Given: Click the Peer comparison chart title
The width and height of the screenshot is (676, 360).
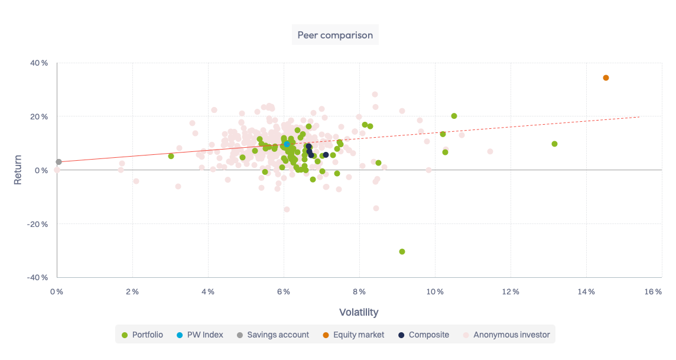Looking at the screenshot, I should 335,35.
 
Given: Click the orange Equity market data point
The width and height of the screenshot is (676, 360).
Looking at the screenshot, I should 606,78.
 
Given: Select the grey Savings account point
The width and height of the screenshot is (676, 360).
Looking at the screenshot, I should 58,162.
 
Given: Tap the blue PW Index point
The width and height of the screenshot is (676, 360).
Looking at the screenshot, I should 287,144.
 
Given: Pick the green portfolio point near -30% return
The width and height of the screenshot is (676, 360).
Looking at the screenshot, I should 402,252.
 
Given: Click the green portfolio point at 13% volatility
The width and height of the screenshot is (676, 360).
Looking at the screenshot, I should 554,144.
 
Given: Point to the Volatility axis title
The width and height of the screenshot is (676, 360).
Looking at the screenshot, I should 359,312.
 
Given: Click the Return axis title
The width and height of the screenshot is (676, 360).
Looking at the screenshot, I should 18,170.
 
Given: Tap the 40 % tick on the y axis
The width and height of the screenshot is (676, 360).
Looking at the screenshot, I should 39,63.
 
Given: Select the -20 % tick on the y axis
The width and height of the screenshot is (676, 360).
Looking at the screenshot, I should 37,224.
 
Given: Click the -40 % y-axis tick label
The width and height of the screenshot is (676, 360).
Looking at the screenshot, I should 37,277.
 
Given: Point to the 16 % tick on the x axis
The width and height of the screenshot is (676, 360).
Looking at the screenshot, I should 653,291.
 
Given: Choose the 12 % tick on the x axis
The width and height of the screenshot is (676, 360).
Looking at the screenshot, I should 511,291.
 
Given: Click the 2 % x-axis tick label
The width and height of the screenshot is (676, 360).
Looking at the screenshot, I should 132,291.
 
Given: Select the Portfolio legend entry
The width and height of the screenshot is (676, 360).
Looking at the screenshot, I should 142,335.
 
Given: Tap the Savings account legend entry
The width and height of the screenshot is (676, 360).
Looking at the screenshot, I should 272,335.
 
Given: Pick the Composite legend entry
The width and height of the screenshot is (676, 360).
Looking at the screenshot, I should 423,335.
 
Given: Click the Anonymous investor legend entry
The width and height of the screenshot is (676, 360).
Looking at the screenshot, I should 506,335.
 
